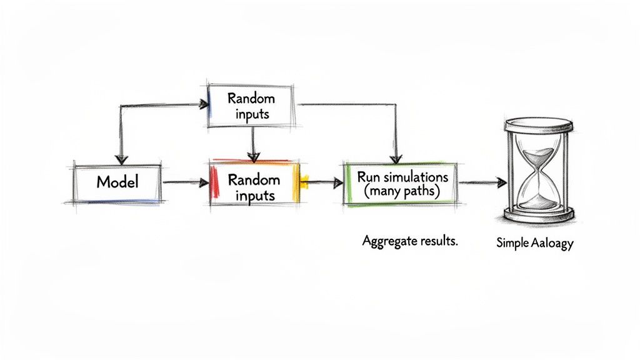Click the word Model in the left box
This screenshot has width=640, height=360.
(117, 182)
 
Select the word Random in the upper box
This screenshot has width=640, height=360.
(251, 98)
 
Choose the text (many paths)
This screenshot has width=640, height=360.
(400, 192)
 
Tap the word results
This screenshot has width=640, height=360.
(438, 241)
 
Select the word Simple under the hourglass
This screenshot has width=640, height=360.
(512, 244)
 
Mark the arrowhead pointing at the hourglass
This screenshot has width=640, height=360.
(501, 182)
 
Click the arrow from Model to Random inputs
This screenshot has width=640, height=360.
(184, 182)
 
